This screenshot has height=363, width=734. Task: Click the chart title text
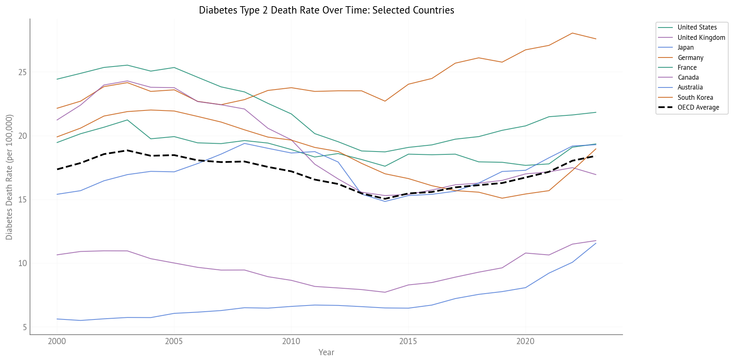pos(326,10)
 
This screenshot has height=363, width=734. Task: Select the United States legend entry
pos(697,28)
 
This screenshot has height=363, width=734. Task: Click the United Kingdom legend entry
pos(701,37)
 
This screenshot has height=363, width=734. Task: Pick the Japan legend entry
pos(686,48)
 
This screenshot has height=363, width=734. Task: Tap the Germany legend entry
pos(690,57)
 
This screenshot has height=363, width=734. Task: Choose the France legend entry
pos(687,67)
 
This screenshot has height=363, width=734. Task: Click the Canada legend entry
pos(688,77)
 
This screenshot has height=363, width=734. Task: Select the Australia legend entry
pos(690,87)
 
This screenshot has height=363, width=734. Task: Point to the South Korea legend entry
pos(695,97)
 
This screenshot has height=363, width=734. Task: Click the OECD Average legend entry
pos(698,108)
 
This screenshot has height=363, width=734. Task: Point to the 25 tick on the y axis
pos(22,72)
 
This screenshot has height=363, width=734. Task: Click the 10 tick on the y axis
pos(22,263)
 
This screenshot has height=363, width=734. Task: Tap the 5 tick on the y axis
pos(24,327)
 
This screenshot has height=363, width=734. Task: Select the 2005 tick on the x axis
pos(174,341)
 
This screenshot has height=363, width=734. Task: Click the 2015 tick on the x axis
pos(408,341)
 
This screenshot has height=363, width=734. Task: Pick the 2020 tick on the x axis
pos(525,341)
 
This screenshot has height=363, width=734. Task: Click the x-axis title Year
pos(326,352)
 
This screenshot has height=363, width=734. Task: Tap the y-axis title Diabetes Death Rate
pos(9,177)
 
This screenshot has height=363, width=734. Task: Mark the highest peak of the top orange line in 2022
pos(572,33)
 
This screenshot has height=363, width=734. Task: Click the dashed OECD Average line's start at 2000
pos(57,169)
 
